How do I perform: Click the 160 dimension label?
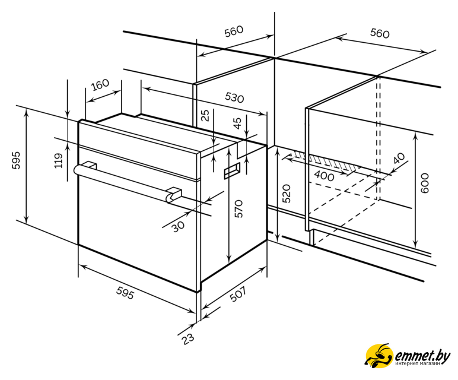[100, 85]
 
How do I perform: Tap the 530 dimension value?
[234, 97]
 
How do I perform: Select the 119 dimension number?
[59, 160]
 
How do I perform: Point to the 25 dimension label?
[206, 115]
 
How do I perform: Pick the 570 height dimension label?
[238, 208]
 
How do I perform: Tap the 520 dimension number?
[287, 194]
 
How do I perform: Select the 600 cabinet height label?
[425, 183]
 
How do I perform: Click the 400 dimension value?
[324, 176]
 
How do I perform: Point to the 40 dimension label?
[399, 158]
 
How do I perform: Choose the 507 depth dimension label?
[238, 294]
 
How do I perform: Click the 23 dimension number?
[188, 339]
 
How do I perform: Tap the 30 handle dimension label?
[178, 226]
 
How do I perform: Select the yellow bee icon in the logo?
[379, 356]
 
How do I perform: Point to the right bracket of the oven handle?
[174, 195]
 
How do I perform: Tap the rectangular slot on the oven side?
[232, 171]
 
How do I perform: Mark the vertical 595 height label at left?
[17, 160]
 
